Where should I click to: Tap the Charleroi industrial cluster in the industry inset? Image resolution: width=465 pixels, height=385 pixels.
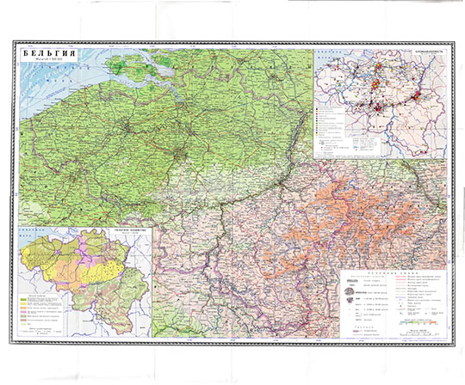379,106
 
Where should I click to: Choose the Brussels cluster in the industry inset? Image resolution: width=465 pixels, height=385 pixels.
376,86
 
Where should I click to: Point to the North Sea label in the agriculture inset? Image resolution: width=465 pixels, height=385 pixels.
34,241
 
